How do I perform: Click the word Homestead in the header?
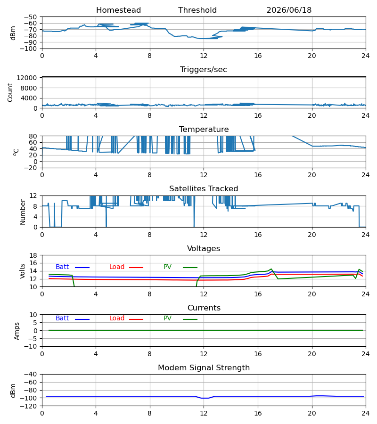pos(118,10)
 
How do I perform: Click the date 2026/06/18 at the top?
pos(289,10)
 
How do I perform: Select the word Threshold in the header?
pos(197,10)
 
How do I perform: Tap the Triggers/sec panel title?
pos(204,70)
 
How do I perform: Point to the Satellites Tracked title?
pos(204,189)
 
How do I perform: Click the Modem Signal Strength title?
pos(204,368)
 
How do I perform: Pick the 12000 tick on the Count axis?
pos(27,78)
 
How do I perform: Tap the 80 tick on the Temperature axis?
pos(33,136)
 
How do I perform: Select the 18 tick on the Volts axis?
pos(33,255)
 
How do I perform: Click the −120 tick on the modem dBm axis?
pos(28,406)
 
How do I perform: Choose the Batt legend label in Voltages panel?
pos(62,267)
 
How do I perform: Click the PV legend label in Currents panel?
pos(167,318)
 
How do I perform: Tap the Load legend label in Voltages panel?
pos(117,267)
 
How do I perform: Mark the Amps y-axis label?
pos(17,331)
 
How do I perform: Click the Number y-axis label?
pos(23,212)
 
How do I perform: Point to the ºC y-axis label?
pos(16,152)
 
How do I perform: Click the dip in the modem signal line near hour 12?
pos(205,398)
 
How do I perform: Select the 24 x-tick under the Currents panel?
pos(365,354)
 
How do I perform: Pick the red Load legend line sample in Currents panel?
pos(136,319)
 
